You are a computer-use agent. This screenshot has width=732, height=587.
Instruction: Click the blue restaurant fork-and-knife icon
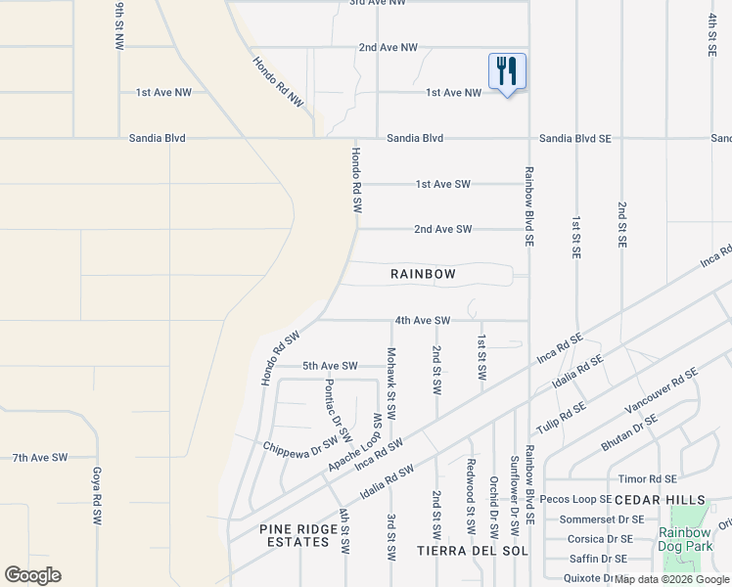507,72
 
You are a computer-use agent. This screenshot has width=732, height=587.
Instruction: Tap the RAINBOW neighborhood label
423,274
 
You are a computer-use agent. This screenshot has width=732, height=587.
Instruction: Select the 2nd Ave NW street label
388,47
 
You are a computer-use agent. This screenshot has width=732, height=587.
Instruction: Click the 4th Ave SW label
422,320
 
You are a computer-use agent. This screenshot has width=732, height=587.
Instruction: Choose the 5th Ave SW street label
330,366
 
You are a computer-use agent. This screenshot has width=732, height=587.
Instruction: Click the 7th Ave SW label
40,457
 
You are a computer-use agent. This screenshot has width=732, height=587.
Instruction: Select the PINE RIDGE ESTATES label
295,535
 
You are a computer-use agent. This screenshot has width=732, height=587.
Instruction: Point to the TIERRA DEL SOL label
474,551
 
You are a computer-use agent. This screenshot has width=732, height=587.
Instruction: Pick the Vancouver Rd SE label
662,391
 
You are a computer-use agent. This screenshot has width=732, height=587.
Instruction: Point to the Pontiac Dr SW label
338,409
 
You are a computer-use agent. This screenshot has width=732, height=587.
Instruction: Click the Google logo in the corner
32,575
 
